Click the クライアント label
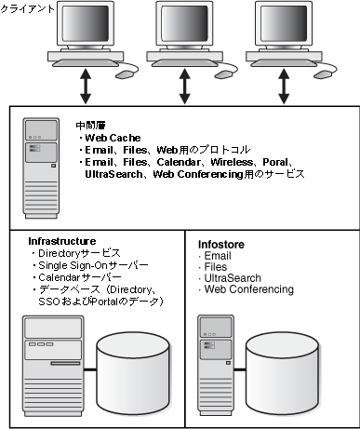point(27,8)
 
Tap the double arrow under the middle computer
point(185,87)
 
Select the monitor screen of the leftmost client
point(86,23)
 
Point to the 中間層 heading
point(90,126)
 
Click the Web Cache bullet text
point(113,138)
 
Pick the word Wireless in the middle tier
point(232,162)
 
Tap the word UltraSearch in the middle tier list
point(113,174)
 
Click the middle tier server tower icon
point(41,168)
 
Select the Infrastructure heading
point(62,241)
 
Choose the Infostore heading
point(221,245)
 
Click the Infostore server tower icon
point(216,366)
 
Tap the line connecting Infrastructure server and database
point(90,369)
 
